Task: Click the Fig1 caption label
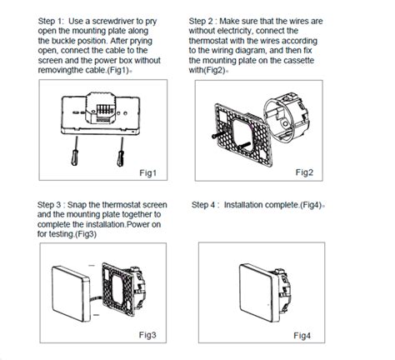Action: pyautogui.click(x=147, y=172)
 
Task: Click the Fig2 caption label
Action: pyautogui.click(x=304, y=172)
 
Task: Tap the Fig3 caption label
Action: pyautogui.click(x=147, y=335)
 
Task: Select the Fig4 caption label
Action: pyautogui.click(x=302, y=336)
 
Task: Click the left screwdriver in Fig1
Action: pyautogui.click(x=75, y=152)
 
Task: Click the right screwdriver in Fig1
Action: pyautogui.click(x=121, y=152)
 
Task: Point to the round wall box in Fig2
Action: pyautogui.click(x=286, y=116)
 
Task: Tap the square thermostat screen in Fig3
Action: pyautogui.click(x=71, y=293)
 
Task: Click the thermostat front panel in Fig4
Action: pyautogui.click(x=259, y=292)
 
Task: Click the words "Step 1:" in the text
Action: pyautogui.click(x=51, y=21)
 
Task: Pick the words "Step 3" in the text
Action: pyautogui.click(x=49, y=205)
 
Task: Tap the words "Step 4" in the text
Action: pyautogui.click(x=203, y=205)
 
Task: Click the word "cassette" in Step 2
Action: pyautogui.click(x=299, y=60)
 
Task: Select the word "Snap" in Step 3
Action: pyautogui.click(x=77, y=205)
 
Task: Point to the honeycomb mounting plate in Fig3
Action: pyautogui.click(x=118, y=289)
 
